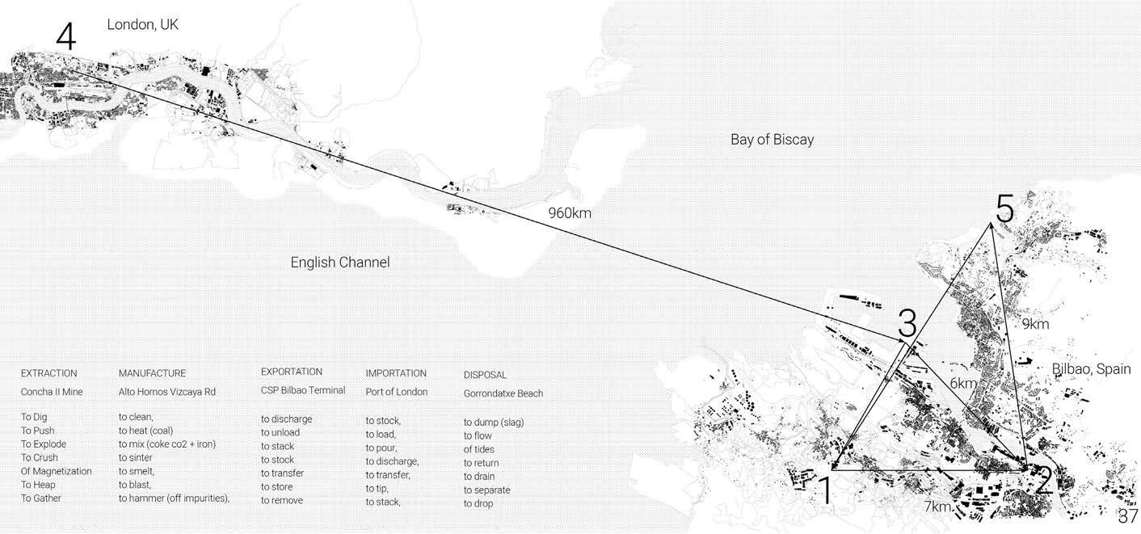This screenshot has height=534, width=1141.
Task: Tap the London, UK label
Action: pyautogui.click(x=142, y=25)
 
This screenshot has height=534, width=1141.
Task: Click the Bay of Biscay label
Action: pyautogui.click(x=772, y=140)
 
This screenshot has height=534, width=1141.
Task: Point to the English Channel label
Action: pyautogui.click(x=340, y=263)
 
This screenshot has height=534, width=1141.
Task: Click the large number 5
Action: pyautogui.click(x=1004, y=210)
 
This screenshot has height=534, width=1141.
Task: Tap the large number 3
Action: pyautogui.click(x=907, y=325)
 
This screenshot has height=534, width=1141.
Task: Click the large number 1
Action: pyautogui.click(x=825, y=490)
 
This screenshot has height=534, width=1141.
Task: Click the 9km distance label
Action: pyautogui.click(x=1035, y=325)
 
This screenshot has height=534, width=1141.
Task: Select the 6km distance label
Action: pyautogui.click(x=963, y=384)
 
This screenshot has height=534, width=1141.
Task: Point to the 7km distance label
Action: pyautogui.click(x=937, y=507)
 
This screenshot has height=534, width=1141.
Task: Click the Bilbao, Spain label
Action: pyautogui.click(x=1091, y=369)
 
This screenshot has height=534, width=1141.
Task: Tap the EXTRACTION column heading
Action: pyautogui.click(x=49, y=373)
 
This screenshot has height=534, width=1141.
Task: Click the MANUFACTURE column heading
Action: pyautogui.click(x=152, y=373)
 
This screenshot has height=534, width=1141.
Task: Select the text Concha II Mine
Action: pyautogui.click(x=53, y=392)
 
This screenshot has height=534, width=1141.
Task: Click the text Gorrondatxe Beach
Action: pyautogui.click(x=503, y=393)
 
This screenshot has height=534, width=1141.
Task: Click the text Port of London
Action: pyautogui.click(x=396, y=392)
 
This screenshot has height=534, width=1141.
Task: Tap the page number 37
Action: pyautogui.click(x=1128, y=516)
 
